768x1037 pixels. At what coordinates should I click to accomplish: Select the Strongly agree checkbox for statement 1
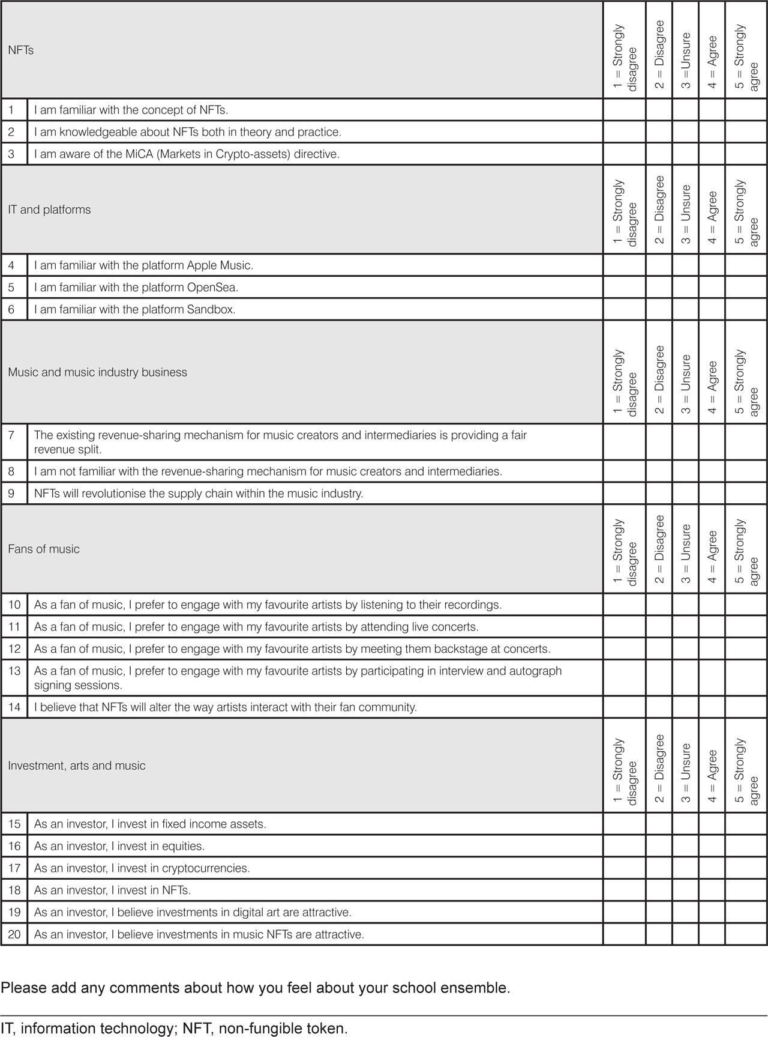pos(746,110)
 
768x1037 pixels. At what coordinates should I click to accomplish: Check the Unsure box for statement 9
pos(685,493)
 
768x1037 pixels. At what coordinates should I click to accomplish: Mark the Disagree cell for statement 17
pos(659,868)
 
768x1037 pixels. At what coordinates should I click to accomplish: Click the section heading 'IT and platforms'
pos(49,210)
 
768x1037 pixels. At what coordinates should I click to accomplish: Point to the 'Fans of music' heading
pos(43,549)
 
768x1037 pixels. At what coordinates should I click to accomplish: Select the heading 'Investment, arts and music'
pos(76,766)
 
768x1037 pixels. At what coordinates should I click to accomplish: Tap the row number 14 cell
pos(14,707)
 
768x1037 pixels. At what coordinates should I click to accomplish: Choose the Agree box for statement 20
pos(712,934)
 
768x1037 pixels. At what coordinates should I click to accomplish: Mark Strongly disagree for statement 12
pos(624,649)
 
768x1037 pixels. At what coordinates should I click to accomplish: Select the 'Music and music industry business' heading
pos(97,372)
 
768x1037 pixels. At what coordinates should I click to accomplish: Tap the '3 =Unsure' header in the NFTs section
pos(685,60)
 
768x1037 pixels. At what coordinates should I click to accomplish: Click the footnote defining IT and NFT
pos(174,1028)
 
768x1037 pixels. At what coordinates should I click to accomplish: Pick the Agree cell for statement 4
pos(712,265)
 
